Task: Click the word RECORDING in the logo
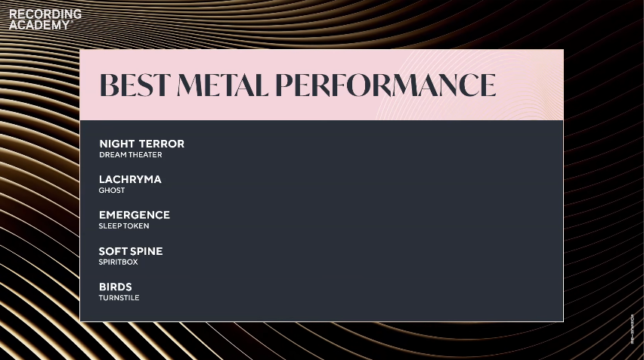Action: [45, 14]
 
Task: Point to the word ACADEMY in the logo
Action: [39, 24]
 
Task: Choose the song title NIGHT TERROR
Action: [141, 144]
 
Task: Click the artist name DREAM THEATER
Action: [130, 155]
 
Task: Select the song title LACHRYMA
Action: [130, 179]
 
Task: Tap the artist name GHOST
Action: [112, 191]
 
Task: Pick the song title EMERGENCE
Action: [135, 215]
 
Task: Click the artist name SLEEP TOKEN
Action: [124, 226]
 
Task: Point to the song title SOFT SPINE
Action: [131, 251]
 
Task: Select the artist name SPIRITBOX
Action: [119, 262]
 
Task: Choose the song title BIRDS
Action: [116, 287]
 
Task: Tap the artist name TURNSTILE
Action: [119, 298]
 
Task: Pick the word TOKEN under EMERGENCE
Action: [137, 226]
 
